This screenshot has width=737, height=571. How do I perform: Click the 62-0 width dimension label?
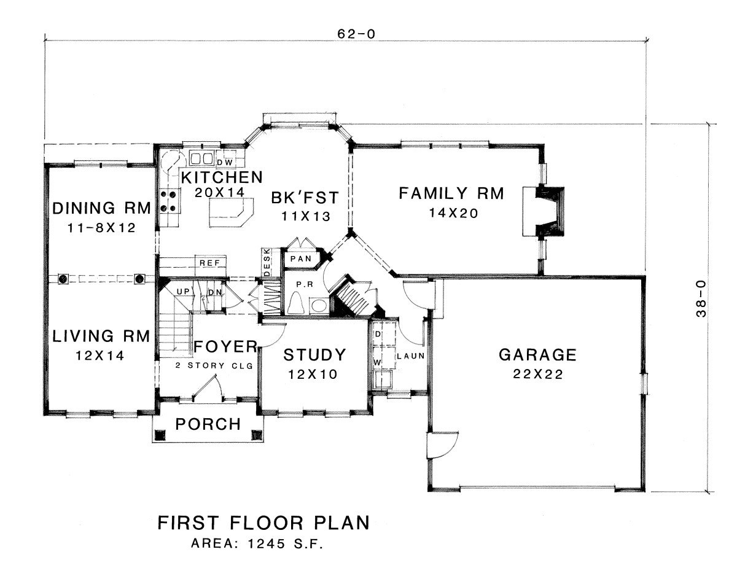[356, 34]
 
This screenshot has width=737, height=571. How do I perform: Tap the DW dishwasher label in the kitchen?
[225, 163]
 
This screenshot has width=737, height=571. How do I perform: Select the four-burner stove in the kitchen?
[168, 201]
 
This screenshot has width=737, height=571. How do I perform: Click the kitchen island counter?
[232, 212]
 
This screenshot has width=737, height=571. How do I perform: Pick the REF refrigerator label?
[209, 263]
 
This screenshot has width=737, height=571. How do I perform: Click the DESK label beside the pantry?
[267, 262]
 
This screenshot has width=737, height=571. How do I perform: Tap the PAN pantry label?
[301, 258]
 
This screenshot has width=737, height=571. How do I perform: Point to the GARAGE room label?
[537, 355]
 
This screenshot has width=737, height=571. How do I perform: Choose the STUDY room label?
[314, 355]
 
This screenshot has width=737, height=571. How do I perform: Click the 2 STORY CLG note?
[214, 365]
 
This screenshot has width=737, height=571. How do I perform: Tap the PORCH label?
[208, 424]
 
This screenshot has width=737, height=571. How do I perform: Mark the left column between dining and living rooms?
[63, 279]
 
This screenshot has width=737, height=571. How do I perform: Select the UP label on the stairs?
[183, 292]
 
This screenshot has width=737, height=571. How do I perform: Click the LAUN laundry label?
[411, 356]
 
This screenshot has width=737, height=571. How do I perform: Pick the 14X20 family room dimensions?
[454, 213]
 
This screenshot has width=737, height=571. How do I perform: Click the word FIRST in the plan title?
[187, 523]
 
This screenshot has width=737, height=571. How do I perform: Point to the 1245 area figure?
[267, 544]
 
